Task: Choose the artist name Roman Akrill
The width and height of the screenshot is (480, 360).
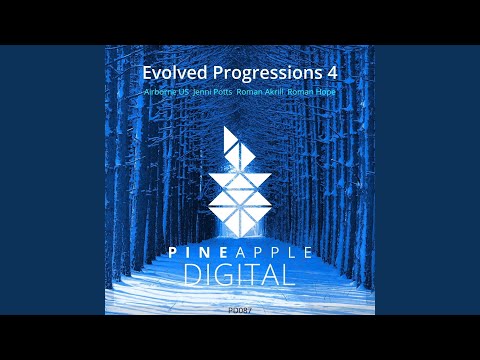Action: tap(261, 91)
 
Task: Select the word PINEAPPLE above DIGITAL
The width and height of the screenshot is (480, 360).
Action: tap(239, 248)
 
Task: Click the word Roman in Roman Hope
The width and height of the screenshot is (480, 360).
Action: tap(302, 91)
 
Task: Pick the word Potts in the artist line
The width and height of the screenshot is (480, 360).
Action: tap(222, 91)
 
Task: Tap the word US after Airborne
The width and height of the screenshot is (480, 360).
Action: tap(183, 91)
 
